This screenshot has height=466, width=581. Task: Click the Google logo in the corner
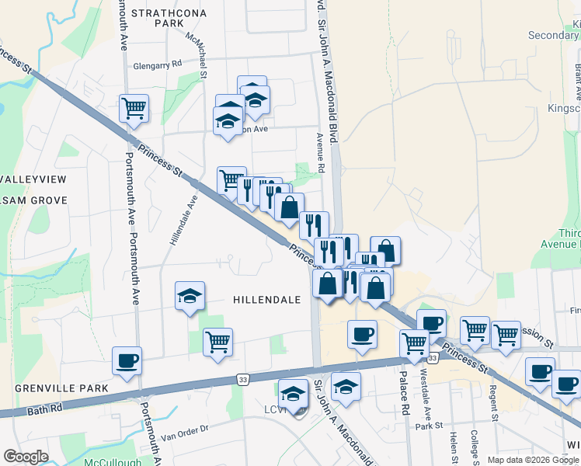26,457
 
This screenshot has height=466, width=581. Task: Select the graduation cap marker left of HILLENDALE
190,295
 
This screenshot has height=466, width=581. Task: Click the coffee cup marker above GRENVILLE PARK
127,360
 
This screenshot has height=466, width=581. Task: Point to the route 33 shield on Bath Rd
243,379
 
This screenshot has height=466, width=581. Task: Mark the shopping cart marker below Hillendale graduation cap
217,341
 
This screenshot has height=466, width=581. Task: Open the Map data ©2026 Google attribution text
533,460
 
